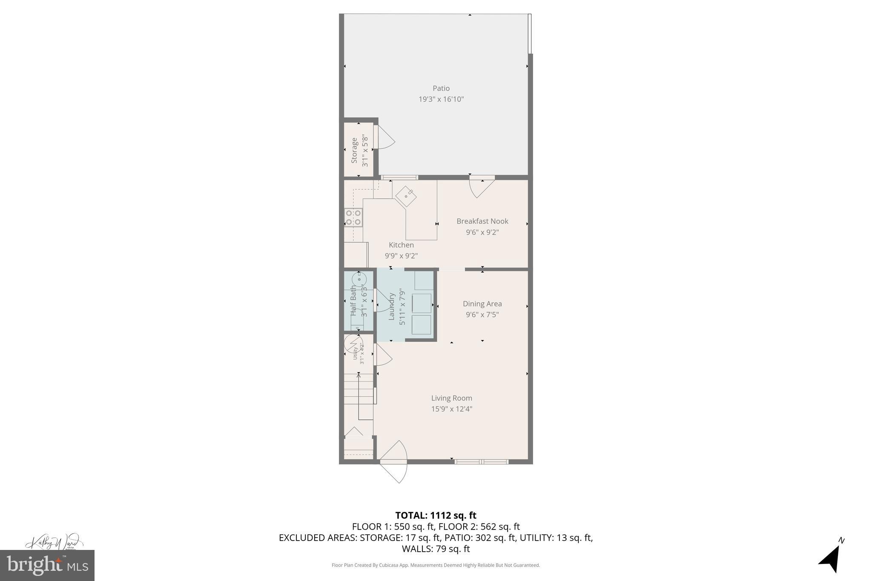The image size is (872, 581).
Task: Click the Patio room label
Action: pyautogui.click(x=441, y=88)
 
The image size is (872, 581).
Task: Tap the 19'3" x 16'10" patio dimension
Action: pyautogui.click(x=441, y=99)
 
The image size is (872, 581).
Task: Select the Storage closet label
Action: pyautogui.click(x=354, y=150)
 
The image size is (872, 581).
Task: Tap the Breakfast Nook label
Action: pyautogui.click(x=482, y=221)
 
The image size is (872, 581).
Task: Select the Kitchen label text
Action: pyautogui.click(x=401, y=245)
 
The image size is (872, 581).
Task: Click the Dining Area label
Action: pyautogui.click(x=482, y=303)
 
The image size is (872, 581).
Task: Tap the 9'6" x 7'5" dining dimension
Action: pyautogui.click(x=482, y=315)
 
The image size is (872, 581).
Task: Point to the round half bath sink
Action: pyautogui.click(x=359, y=279)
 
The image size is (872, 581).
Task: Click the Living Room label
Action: pyautogui.click(x=452, y=398)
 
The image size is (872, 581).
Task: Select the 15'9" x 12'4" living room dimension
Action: pyautogui.click(x=452, y=409)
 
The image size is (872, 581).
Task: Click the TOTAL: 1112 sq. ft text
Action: pyautogui.click(x=436, y=515)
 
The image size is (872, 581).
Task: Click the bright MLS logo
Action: pyautogui.click(x=47, y=565)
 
